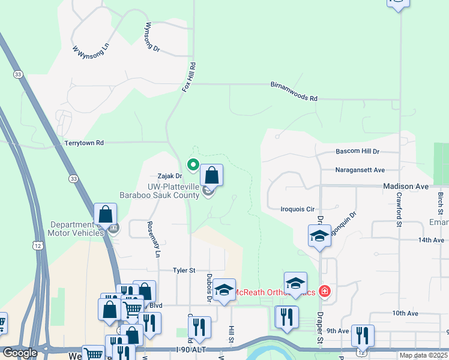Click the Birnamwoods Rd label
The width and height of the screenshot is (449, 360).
pos(293,92)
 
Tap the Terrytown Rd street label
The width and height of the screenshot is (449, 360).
pos(84,143)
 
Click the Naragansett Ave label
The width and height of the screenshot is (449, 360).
pos(360,170)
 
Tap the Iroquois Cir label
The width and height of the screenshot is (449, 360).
pos(298,209)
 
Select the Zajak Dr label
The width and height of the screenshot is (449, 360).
pos(169,176)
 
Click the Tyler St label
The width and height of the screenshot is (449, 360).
pos(184,271)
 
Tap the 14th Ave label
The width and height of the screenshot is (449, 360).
pos(415,239)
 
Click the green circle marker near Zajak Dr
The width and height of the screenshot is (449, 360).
pos(193,164)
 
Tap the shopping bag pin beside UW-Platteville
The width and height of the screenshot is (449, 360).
pos(211,176)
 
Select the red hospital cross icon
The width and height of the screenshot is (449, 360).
pos(325,292)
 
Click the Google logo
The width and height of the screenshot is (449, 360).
pos(20,353)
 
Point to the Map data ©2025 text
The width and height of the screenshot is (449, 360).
pos(423,355)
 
